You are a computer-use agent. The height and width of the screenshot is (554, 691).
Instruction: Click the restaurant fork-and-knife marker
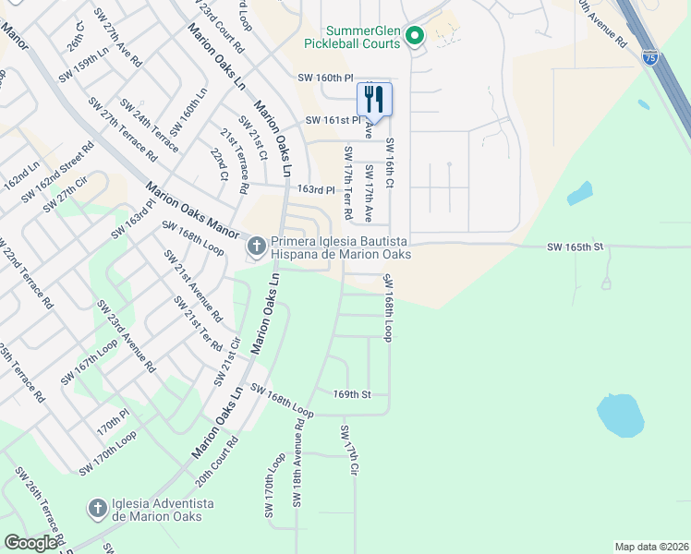[374, 99]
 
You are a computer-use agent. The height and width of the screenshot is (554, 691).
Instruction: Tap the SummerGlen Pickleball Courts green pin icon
[415, 37]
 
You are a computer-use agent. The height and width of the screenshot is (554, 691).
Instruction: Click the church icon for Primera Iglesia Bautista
[256, 247]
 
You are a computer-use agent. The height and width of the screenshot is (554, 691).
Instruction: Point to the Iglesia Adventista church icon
[96, 509]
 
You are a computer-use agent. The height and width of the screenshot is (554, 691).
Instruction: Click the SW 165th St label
[575, 247]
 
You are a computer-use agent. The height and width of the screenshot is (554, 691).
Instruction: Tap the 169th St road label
[352, 394]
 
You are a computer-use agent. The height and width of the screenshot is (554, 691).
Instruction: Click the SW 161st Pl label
[332, 120]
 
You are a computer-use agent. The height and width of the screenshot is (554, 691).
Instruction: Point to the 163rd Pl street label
[315, 189]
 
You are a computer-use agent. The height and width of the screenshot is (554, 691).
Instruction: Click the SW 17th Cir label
[348, 451]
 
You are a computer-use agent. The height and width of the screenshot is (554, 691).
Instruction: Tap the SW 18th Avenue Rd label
[298, 462]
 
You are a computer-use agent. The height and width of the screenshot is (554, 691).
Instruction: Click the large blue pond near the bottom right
[620, 415]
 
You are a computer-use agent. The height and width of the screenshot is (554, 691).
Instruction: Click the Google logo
[30, 543]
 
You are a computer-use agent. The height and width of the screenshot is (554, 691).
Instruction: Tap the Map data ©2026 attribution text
[651, 547]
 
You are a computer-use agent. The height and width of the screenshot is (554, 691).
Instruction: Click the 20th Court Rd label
[216, 462]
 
